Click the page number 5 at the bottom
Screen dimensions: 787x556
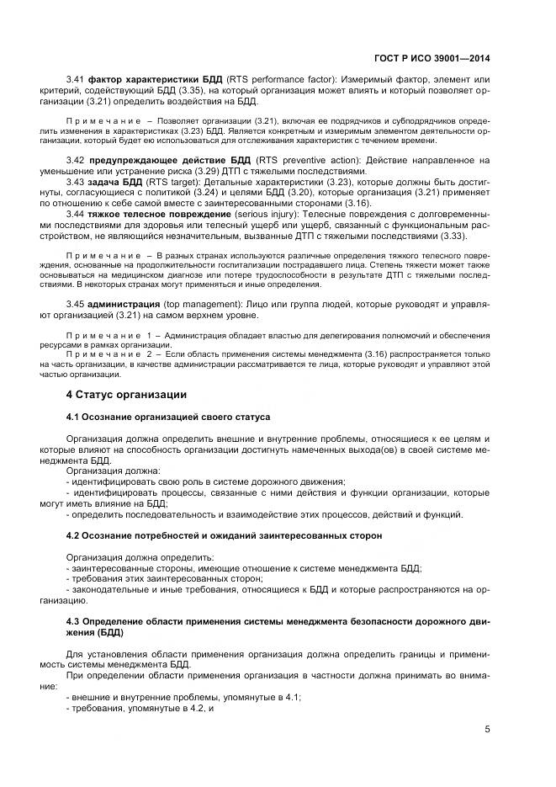point(488,730)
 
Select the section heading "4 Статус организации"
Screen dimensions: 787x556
point(126,395)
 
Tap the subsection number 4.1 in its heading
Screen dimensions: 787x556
point(72,417)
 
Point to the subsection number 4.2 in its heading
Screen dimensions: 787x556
point(72,535)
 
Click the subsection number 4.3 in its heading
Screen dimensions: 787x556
point(72,622)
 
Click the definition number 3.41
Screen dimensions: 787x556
point(77,79)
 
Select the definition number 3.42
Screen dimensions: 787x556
point(77,160)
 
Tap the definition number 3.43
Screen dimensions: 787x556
point(77,182)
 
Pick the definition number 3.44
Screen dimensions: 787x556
point(77,215)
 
